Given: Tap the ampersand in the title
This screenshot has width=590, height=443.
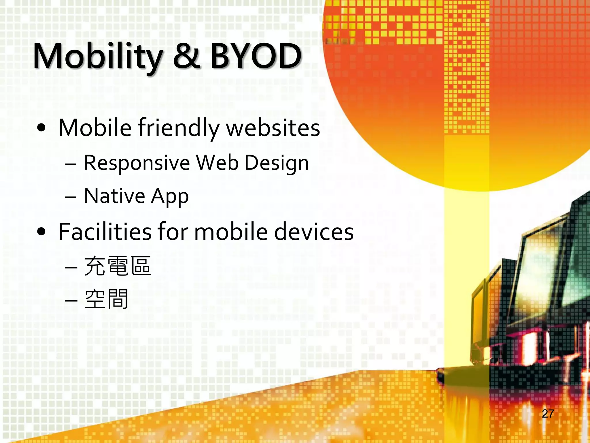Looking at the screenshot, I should pos(187,56).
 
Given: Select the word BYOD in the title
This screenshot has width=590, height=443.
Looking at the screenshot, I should pos(256,56).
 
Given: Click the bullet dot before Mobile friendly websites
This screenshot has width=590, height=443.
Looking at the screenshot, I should pos(41,128).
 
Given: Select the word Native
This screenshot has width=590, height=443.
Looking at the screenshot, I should pos(114,196).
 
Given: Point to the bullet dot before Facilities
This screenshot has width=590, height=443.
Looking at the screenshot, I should pos(41,232).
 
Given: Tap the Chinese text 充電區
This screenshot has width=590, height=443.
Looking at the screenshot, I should pos(118,266).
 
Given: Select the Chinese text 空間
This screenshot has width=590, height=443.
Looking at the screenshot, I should pos(106,299).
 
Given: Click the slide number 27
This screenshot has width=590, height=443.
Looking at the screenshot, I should pos(548,414).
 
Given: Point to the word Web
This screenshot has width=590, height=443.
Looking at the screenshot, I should pos(218,163).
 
